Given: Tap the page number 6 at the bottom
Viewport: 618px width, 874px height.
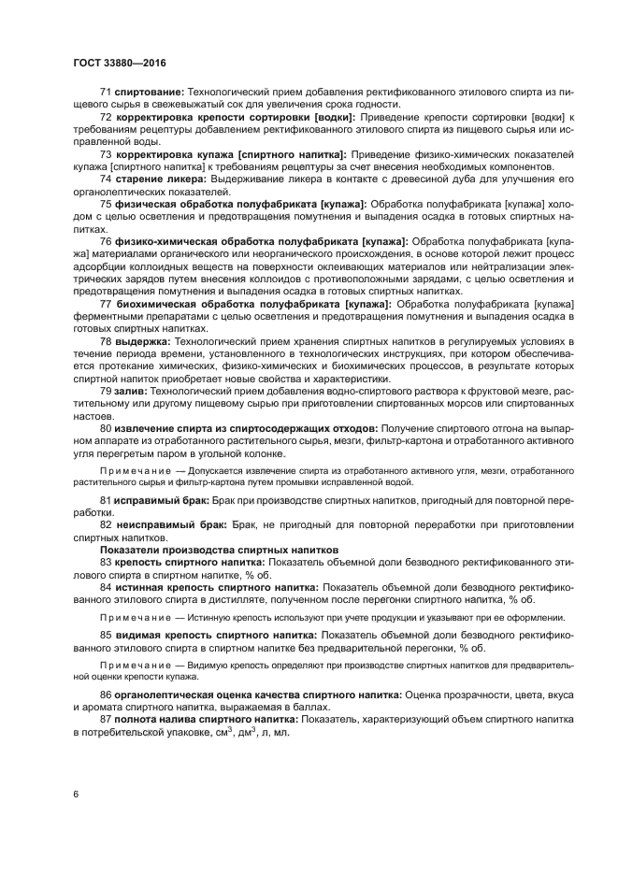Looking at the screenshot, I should coord(76,794).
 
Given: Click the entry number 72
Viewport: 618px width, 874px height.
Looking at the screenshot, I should coord(106,117).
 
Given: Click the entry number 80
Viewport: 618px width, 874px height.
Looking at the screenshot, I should coord(106,427).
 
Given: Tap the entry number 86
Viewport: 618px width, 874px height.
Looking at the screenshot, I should coord(106,695).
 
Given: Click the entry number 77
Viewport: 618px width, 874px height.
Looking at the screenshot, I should coord(106,306).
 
